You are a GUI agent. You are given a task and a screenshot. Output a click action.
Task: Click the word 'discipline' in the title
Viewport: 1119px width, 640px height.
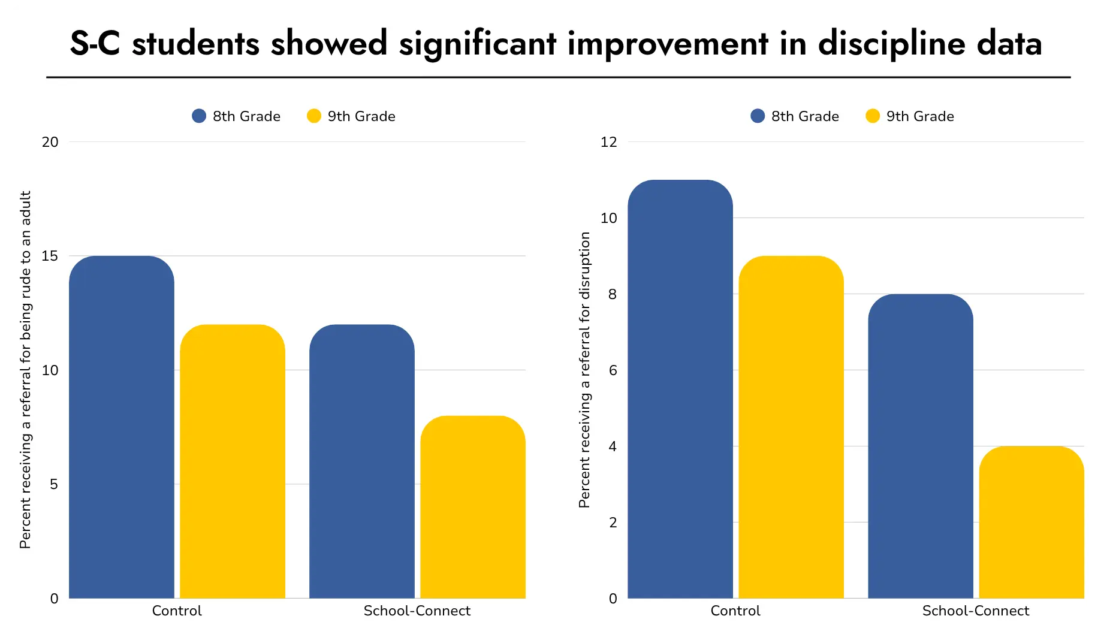click(x=891, y=44)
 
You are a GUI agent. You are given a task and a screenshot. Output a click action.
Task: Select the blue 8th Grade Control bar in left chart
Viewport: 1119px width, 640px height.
click(x=122, y=427)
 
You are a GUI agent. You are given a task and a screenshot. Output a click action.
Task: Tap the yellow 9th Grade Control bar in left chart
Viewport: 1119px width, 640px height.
click(x=233, y=461)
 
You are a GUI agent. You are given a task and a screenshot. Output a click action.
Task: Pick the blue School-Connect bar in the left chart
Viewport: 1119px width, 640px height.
click(x=362, y=461)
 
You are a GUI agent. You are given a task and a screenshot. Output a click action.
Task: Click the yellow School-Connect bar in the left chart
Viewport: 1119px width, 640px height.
click(x=473, y=507)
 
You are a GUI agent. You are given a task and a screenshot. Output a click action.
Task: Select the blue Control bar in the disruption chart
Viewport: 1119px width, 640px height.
click(x=680, y=390)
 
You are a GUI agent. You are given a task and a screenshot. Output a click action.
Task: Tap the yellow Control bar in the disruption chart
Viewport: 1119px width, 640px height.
click(x=791, y=427)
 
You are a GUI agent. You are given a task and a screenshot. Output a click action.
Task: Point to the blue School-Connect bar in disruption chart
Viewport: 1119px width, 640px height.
click(x=921, y=446)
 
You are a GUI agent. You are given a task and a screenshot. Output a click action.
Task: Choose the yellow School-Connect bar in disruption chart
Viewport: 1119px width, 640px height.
click(x=1031, y=522)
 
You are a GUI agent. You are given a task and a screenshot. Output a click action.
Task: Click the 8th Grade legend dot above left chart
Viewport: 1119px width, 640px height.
click(x=199, y=116)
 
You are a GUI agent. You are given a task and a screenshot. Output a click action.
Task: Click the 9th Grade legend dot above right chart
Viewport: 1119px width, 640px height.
click(x=873, y=116)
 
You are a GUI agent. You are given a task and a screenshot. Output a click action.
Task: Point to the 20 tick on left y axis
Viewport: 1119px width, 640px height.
click(x=50, y=142)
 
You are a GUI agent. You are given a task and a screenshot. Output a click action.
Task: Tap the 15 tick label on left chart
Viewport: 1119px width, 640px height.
click(x=50, y=256)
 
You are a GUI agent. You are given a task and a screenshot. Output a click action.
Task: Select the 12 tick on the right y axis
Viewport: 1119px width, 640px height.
click(x=608, y=142)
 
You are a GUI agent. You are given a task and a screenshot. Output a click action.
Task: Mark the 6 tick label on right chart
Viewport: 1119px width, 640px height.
click(x=613, y=370)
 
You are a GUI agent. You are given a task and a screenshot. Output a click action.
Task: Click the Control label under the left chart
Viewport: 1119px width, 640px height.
click(x=177, y=611)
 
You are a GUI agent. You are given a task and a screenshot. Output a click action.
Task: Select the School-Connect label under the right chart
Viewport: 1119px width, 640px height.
click(x=975, y=611)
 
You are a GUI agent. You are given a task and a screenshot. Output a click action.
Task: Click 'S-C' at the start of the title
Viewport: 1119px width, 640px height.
click(x=95, y=44)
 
